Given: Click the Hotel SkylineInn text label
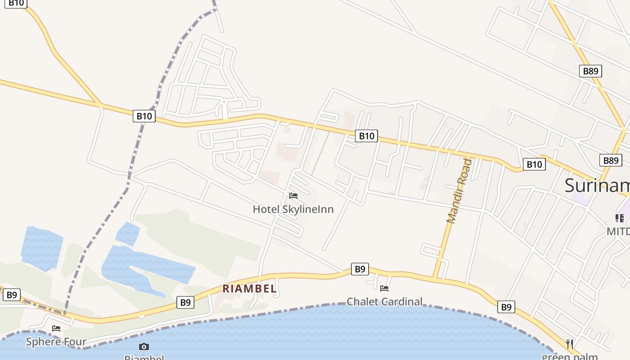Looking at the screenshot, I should coord(293,209).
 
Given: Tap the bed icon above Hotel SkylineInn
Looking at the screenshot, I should coord(293,196).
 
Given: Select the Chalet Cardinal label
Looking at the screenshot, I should coord(384,301).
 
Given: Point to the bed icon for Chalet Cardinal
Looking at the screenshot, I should coord(384,288).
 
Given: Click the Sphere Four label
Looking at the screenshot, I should coord(56,342).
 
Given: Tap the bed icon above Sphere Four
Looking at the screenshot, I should coord(56,328).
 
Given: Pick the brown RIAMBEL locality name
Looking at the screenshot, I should coord(249,289).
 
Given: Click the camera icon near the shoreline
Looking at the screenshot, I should coord(144,346).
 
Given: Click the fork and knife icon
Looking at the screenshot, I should coord(570,344).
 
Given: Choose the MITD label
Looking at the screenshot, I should coord(618,231).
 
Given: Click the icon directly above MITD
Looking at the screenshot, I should coord(619,218).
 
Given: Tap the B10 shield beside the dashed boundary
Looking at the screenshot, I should coord(144,116).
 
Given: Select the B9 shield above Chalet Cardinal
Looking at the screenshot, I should coord(360,269).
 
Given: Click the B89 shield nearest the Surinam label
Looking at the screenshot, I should coord(610,160).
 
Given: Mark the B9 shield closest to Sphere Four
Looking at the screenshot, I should coord(11,295).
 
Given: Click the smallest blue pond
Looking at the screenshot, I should coord(127,234).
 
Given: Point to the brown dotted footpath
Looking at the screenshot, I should coord(320,153).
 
